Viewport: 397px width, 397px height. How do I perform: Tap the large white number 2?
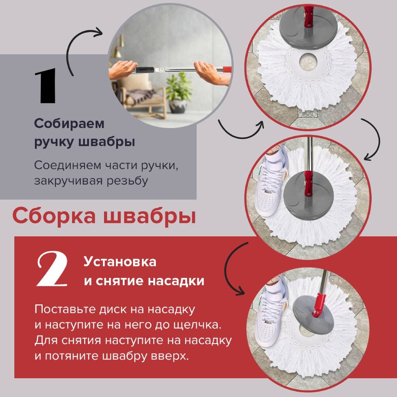pos(52,269)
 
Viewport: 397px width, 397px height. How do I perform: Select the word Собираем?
pos(69,124)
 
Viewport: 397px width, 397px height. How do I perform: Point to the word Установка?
pos(120,262)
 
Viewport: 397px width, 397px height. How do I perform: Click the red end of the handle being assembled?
pos(226,69)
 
